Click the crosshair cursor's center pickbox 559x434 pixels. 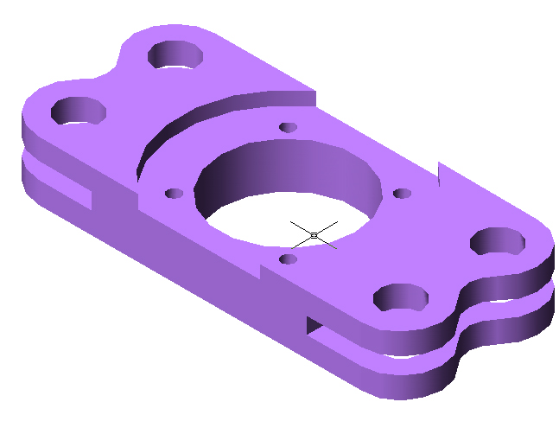314,235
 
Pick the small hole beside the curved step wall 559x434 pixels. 289,128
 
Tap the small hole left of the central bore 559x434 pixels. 175,193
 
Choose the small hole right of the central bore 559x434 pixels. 400,193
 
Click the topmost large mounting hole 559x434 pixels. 175,55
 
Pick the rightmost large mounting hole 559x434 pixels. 498,241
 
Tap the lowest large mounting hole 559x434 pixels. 401,297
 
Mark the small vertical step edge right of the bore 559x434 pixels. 440,172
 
